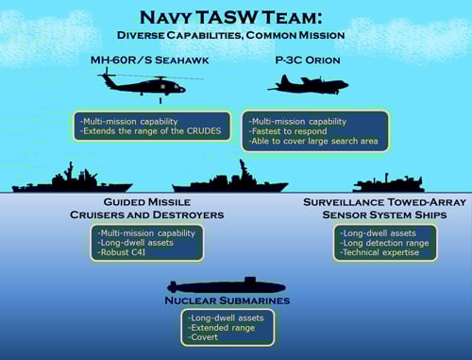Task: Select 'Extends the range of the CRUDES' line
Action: [149, 131]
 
